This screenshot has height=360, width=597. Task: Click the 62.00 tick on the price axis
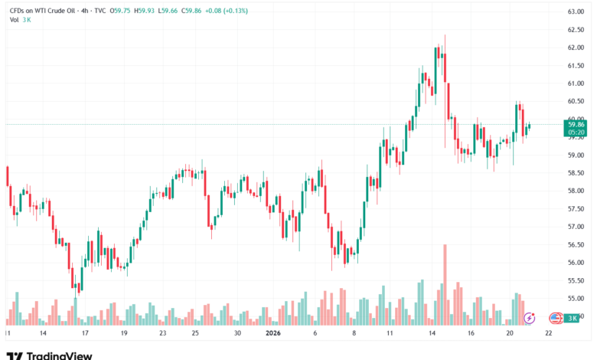tap(576, 47)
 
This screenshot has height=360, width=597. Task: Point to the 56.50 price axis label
tap(576, 245)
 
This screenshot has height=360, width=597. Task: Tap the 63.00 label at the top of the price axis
tap(576, 11)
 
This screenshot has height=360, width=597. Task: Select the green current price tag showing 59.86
tap(576, 123)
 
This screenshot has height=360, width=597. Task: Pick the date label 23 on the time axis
tap(162, 334)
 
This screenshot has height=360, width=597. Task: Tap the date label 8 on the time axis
tap(354, 334)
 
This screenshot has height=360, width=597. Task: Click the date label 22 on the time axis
tap(548, 334)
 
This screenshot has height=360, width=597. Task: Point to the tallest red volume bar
tap(444, 283)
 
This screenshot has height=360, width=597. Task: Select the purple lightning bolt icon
tap(529, 317)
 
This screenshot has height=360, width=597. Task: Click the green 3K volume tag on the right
tap(573, 317)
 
